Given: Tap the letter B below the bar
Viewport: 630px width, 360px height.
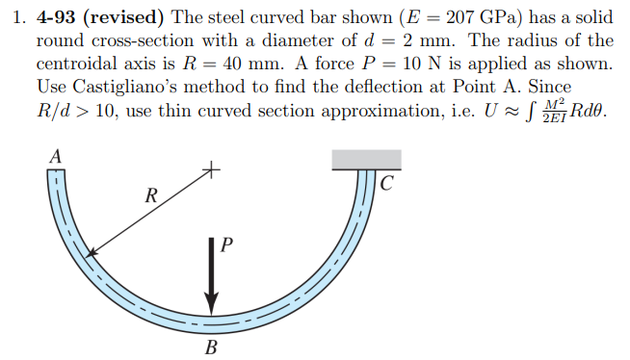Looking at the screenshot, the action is pos(211,346).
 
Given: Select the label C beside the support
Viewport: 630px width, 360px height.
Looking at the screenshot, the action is pos(387,183).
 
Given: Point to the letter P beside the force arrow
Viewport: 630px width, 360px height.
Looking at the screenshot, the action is pos(226,246).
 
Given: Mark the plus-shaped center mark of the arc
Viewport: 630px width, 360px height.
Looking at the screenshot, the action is pos(211,172).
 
